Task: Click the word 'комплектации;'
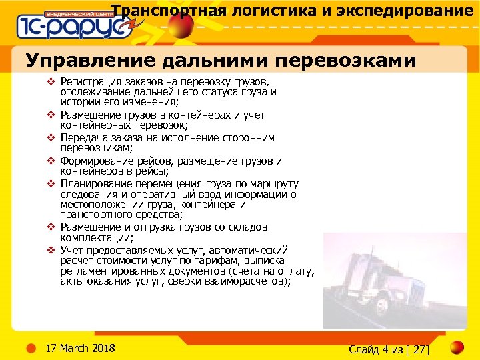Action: tap(97, 237)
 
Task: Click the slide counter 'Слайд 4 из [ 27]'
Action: tap(389, 349)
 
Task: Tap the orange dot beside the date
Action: tap(31, 348)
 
